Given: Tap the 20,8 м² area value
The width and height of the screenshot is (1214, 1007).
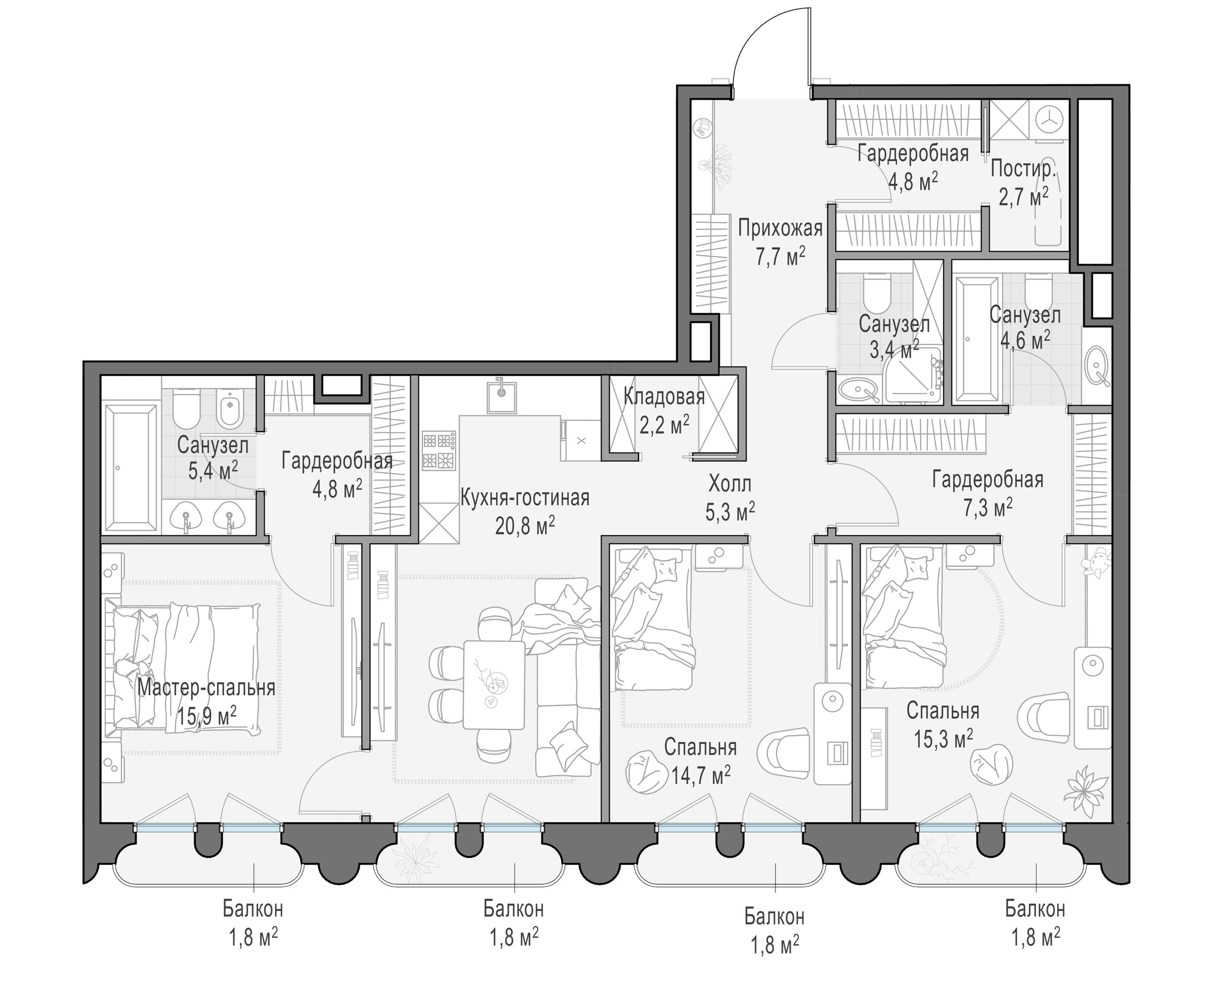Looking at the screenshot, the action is [525, 525].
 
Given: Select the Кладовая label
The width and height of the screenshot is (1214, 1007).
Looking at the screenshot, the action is [664, 397].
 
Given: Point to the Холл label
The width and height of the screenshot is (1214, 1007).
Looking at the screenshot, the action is [729, 483].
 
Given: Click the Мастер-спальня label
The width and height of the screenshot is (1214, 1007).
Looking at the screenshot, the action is [206, 688].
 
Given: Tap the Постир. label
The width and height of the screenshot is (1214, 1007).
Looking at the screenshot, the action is [1023, 169].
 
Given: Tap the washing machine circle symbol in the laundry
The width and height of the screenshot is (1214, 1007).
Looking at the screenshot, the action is [1047, 122].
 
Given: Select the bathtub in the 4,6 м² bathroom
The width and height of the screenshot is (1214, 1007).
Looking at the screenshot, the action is [978, 339].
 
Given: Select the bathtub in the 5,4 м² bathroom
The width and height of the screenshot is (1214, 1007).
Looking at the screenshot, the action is [130, 467].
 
